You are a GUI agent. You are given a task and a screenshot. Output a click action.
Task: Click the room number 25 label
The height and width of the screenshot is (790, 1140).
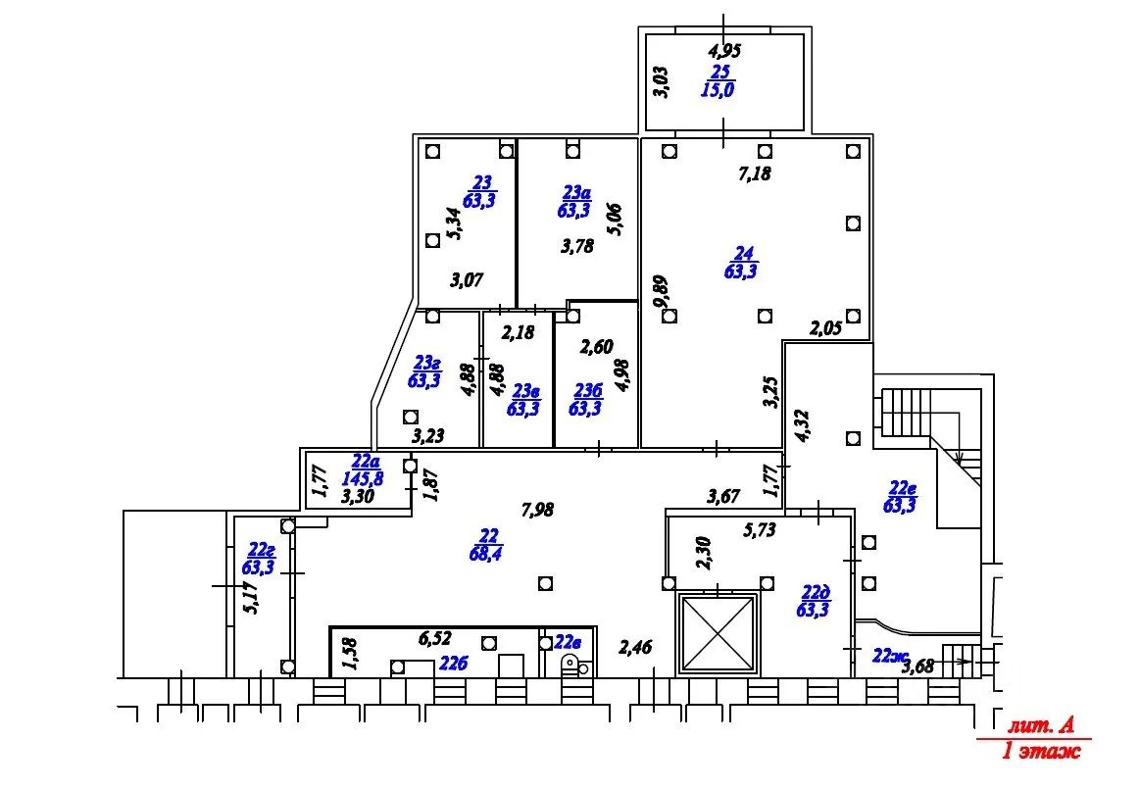pyautogui.click(x=720, y=72)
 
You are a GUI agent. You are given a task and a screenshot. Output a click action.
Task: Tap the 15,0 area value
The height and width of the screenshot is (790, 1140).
pyautogui.click(x=718, y=89)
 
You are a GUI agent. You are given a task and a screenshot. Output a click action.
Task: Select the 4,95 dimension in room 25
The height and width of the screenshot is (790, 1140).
pyautogui.click(x=724, y=51)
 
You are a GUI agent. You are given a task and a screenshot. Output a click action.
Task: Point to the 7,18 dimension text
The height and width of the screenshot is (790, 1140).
pyautogui.click(x=754, y=173)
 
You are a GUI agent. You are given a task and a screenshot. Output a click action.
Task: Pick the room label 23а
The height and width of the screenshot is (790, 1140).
pyautogui.click(x=576, y=192)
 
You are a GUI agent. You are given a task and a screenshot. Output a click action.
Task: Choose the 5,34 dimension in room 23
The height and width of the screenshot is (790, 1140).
pyautogui.click(x=454, y=223)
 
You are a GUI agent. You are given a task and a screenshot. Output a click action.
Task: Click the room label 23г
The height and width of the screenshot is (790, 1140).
pyautogui.click(x=426, y=362)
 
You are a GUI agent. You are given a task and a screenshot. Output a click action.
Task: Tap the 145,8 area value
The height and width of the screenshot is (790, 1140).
pyautogui.click(x=363, y=479)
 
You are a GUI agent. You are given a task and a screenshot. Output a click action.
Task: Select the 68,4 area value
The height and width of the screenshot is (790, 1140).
pyautogui.click(x=485, y=554)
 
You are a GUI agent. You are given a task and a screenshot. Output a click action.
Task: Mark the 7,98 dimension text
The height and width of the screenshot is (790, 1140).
pyautogui.click(x=537, y=511)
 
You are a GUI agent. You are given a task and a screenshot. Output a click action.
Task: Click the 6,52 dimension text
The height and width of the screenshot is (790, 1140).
pyautogui.click(x=435, y=638)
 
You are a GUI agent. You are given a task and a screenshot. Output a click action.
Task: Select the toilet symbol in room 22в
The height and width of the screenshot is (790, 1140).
pyautogui.click(x=571, y=665)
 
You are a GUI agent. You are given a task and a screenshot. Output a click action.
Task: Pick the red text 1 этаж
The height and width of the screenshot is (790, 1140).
pyautogui.click(x=1040, y=750)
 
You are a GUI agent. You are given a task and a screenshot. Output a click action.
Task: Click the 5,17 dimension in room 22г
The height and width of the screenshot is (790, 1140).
pyautogui.click(x=252, y=598)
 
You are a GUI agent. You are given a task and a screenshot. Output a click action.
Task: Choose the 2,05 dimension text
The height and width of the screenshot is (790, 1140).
pyautogui.click(x=826, y=328)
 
